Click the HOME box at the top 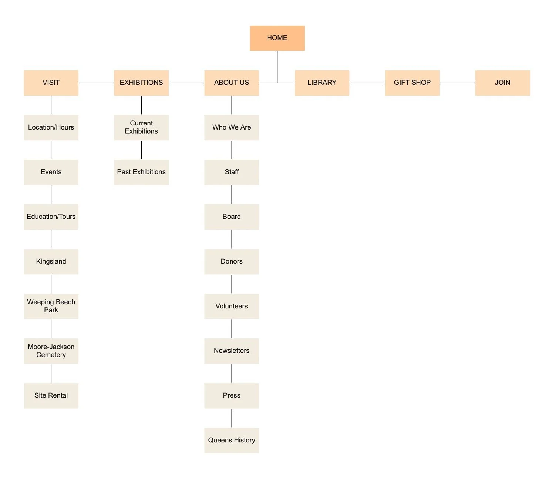coord(277,38)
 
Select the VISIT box coord(51,83)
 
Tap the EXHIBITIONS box coord(141,83)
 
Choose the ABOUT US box coord(232,83)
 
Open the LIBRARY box coord(322,83)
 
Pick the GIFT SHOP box coord(412,83)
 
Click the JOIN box coord(502,83)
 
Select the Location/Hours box coord(51,128)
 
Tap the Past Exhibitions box coord(141,172)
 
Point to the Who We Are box coord(232,128)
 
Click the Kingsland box coord(51,262)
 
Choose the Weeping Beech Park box coord(51,306)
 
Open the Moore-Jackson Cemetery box coord(51,351)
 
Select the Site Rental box coord(51,396)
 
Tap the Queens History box coord(232,441)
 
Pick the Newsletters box coord(232,351)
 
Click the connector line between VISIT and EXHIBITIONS coord(96,83)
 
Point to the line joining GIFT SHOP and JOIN coord(457,83)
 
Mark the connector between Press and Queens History coord(232,418)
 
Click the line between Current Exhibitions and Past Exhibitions coord(141,150)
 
